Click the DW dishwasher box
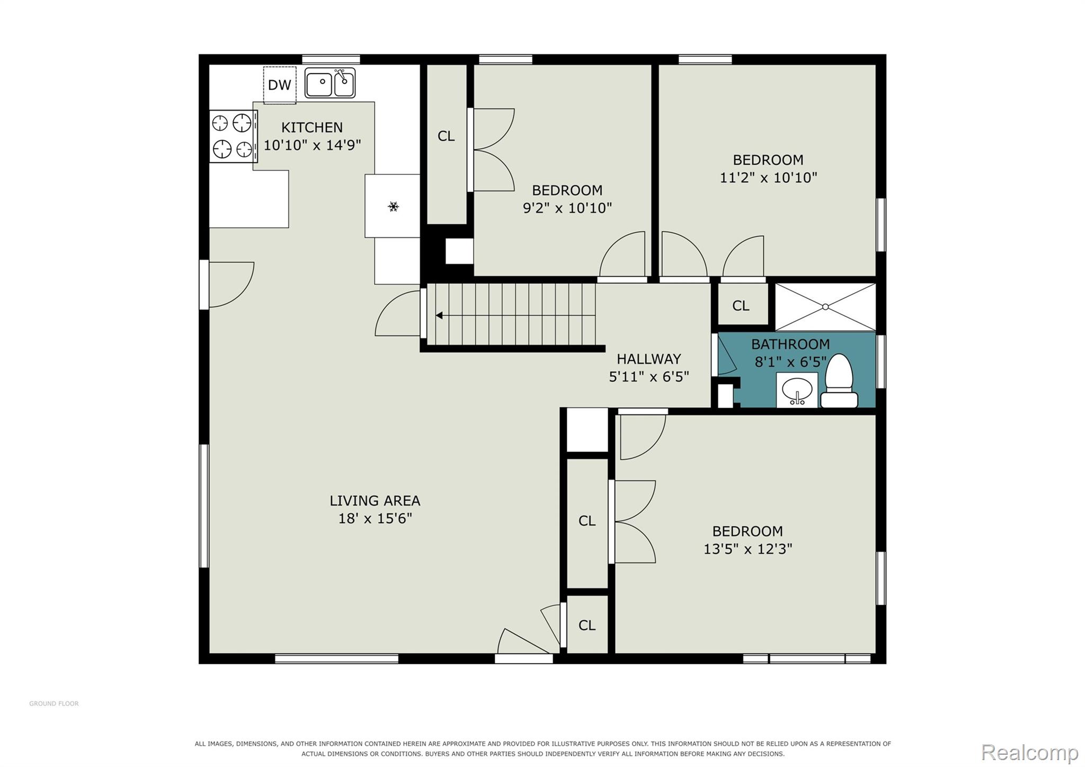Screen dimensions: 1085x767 [280, 85]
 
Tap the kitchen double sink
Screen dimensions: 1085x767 [330, 83]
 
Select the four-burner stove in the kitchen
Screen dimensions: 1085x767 [234, 136]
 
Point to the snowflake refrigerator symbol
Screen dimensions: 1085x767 [393, 206]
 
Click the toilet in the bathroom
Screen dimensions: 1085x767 [839, 381]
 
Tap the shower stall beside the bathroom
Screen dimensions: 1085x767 [825, 307]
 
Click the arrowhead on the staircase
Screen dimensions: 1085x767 [439, 315]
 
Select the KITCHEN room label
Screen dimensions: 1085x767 [312, 127]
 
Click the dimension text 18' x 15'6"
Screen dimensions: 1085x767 [375, 518]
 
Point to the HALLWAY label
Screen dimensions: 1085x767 [648, 359]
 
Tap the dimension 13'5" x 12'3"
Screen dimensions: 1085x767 [748, 549]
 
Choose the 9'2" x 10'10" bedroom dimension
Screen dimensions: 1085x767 [567, 208]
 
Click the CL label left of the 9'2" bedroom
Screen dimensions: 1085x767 [446, 136]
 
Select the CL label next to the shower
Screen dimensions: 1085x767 [741, 305]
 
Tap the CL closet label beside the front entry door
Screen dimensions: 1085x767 [587, 625]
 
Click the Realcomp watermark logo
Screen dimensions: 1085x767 [1029, 752]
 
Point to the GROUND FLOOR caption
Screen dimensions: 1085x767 [54, 703]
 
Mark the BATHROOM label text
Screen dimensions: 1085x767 [790, 344]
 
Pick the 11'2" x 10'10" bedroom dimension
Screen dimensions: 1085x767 [768, 178]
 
